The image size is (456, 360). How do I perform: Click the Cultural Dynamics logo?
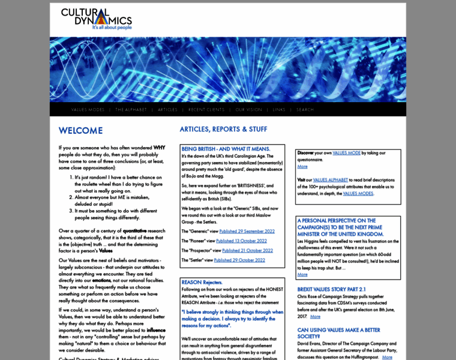[96, 19]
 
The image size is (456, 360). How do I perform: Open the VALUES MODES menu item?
[88, 110]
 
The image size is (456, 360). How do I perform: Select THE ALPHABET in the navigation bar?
[131, 110]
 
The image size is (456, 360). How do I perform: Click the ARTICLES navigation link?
[168, 110]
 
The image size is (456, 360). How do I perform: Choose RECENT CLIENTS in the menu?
[206, 110]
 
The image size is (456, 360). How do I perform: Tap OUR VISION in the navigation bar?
[248, 110]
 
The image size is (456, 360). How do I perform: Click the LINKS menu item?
[279, 110]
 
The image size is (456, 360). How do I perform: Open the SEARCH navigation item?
[305, 110]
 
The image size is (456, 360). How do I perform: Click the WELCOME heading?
[80, 130]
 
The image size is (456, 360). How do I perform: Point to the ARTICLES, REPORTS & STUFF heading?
[223, 129]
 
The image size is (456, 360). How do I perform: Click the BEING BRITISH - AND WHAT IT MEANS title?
[226, 149]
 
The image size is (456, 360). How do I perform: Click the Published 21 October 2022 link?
[247, 250]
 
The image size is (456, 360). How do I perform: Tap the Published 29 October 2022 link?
[239, 260]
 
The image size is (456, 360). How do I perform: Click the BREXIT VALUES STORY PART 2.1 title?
[340, 289]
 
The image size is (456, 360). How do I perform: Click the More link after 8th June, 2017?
[316, 316]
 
